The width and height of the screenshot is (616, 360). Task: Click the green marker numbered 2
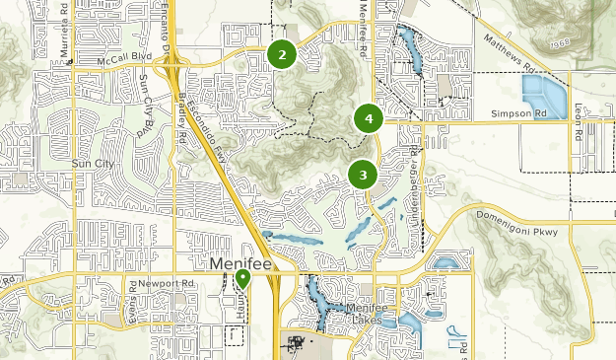click(282, 54)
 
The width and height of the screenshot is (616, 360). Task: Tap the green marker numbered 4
click(368, 119)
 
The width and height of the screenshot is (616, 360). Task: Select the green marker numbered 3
click(363, 175)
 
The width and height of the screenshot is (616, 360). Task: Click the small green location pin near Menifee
click(242, 279)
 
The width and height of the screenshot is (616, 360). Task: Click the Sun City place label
click(94, 162)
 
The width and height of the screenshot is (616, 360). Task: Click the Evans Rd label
click(132, 296)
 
